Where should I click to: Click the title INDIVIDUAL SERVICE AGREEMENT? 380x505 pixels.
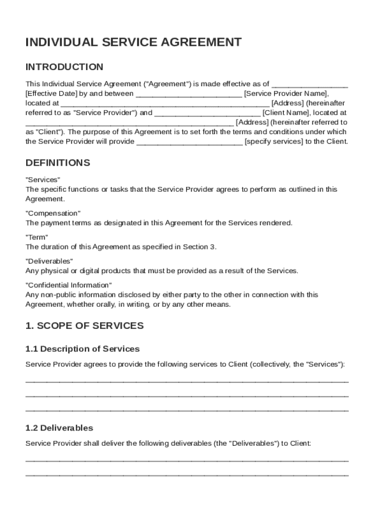(133, 42)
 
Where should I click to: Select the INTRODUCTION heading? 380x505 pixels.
(64, 67)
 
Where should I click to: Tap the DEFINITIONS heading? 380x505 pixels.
(58, 163)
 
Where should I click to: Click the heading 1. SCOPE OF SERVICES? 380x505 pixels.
(84, 326)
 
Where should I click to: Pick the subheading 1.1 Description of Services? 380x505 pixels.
(82, 349)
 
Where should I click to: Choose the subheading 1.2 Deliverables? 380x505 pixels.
(59, 428)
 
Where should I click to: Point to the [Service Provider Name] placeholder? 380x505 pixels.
(286, 94)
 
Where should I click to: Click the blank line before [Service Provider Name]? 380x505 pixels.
(189, 94)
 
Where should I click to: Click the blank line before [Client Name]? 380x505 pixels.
(207, 113)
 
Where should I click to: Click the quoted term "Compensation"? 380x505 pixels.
(53, 214)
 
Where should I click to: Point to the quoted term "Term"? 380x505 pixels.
(37, 237)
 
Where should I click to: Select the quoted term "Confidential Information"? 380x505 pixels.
(69, 285)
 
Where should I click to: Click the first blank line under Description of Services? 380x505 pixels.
(187, 380)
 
